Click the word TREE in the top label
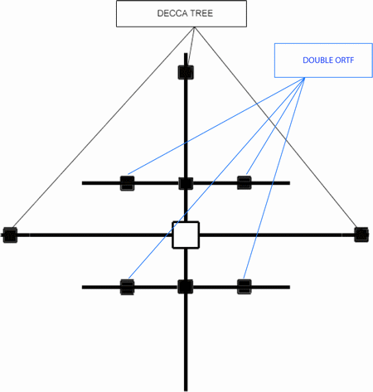coord(202,13)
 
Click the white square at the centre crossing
coord(186,235)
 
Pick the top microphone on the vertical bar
coord(186,72)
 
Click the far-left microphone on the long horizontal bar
coord(10,235)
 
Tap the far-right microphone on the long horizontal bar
coord(361,235)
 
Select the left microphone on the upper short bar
coord(128,183)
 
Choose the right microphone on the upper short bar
coord(245,182)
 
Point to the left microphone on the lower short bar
coord(128,287)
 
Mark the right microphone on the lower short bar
coord(245,287)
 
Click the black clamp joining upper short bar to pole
coord(186,183)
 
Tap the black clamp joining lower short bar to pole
coord(186,287)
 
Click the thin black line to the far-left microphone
coord(103,128)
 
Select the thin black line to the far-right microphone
coord(276,128)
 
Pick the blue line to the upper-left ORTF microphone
coord(216,126)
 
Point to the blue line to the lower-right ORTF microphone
coord(274,178)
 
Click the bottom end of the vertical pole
coord(186,390)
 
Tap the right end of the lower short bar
coord(289,288)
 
